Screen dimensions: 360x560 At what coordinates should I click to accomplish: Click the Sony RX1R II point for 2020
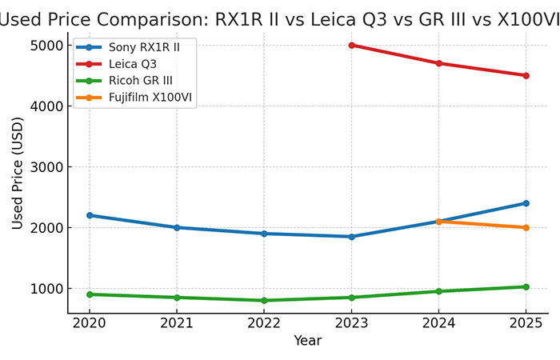90,215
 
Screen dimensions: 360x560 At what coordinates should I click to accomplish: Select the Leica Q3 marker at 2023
351,45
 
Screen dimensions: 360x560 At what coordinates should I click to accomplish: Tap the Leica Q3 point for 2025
526,75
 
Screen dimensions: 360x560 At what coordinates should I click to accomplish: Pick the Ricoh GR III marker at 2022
264,300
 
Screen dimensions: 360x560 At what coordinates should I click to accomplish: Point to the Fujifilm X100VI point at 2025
526,227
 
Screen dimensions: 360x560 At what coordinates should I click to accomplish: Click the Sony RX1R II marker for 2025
526,203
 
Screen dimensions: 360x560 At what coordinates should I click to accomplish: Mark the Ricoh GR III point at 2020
90,294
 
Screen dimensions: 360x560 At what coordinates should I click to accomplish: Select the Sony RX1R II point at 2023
351,237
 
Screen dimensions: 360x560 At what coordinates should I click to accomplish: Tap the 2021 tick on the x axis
177,322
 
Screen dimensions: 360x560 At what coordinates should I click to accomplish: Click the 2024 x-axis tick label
438,322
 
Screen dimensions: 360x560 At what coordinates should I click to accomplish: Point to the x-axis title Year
307,341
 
